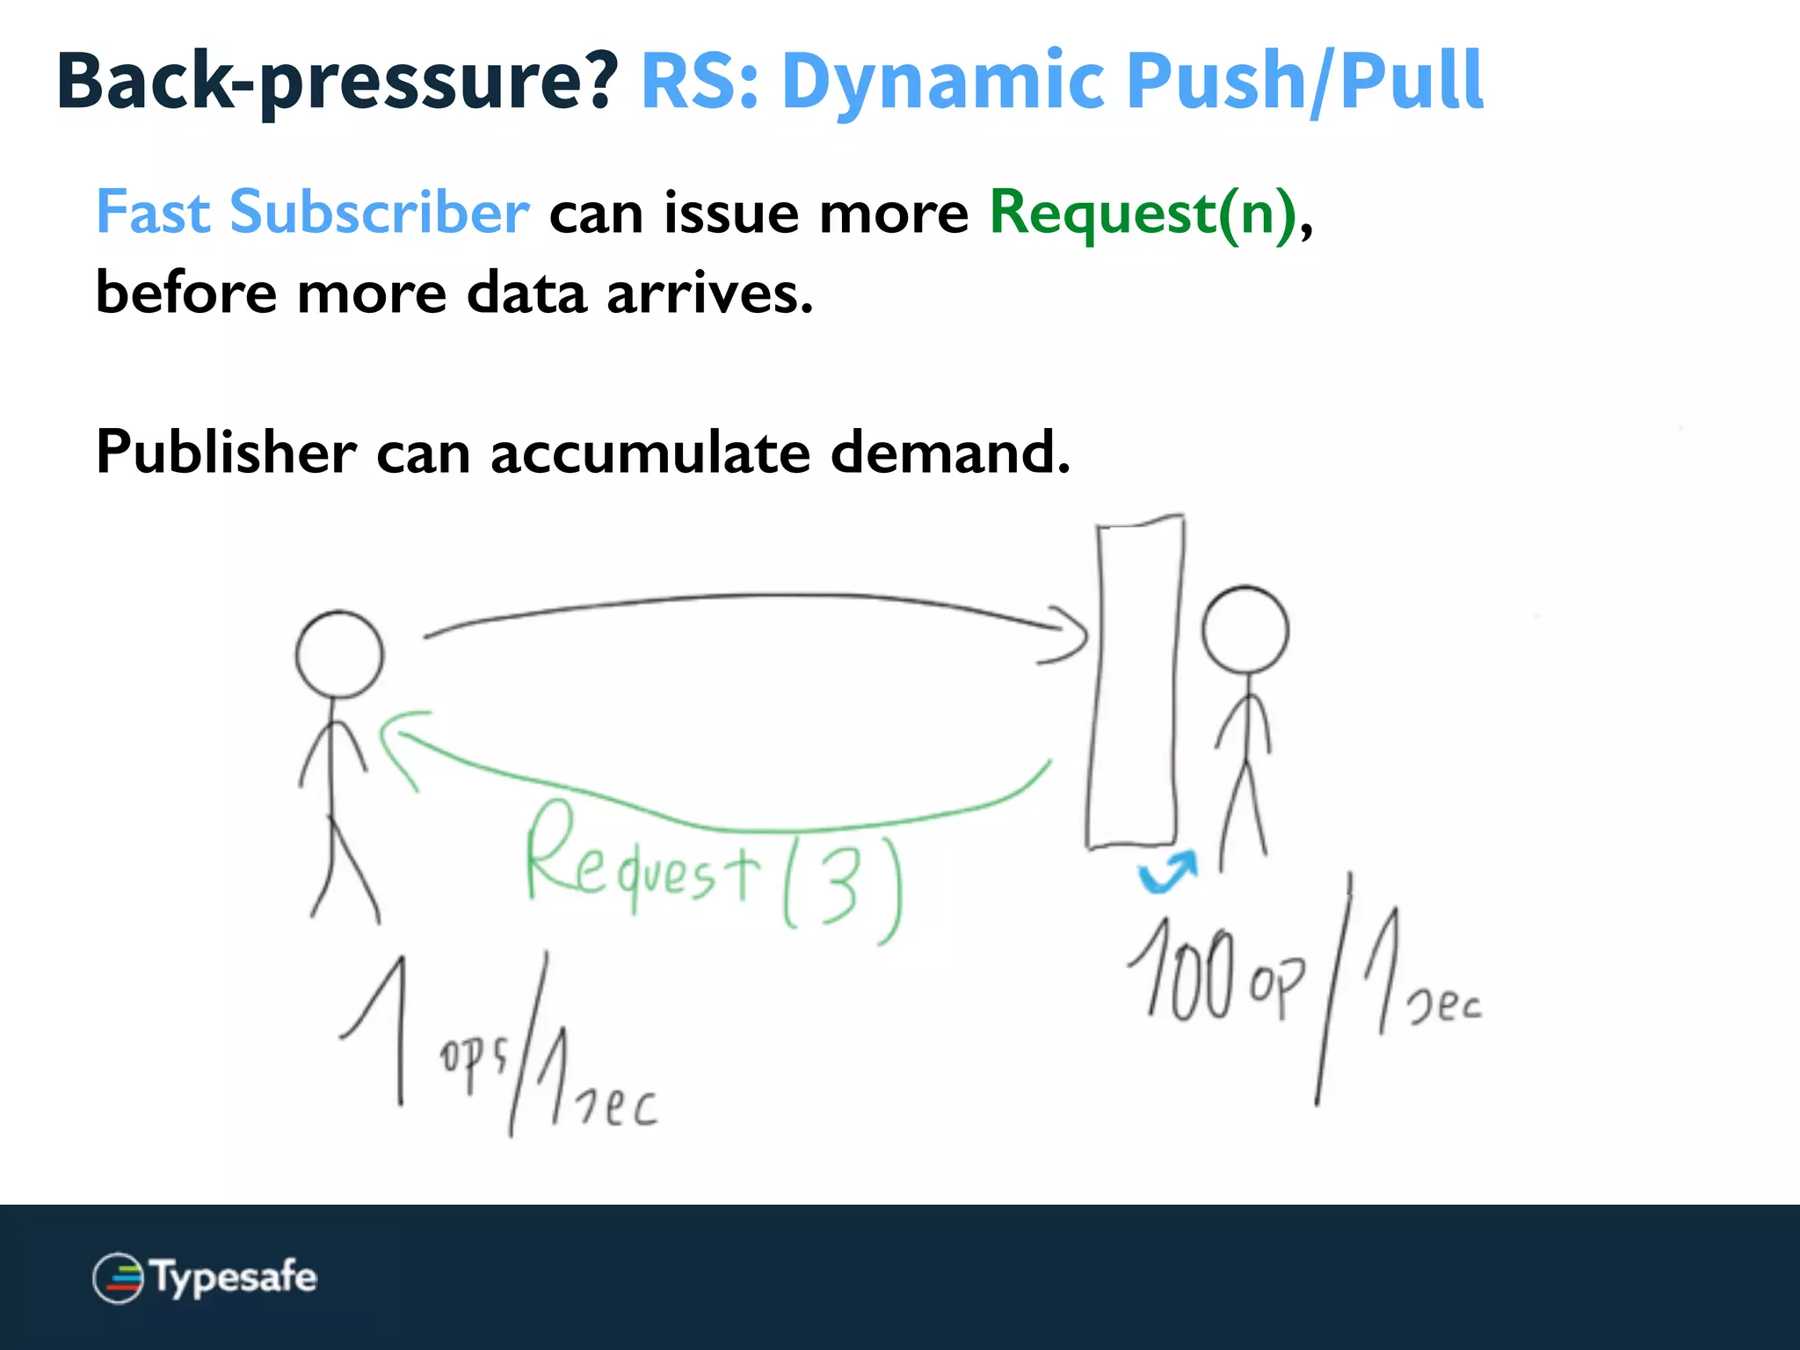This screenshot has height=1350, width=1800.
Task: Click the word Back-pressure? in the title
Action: click(337, 81)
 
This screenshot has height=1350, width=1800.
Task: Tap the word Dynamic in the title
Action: click(942, 81)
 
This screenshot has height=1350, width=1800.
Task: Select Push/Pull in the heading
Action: click(1304, 81)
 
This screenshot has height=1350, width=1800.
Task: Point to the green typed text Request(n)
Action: click(1143, 214)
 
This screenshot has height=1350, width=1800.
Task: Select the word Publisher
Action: click(226, 453)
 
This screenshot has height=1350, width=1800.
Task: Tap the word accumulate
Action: click(650, 453)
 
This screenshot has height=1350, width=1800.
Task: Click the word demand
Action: click(949, 453)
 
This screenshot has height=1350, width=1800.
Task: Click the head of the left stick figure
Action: click(339, 655)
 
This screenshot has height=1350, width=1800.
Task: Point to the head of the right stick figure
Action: click(1245, 630)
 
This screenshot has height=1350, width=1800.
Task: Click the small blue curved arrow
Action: click(1167, 872)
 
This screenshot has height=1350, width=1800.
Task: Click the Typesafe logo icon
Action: click(118, 1278)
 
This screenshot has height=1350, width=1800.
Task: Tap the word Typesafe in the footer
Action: click(234, 1277)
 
